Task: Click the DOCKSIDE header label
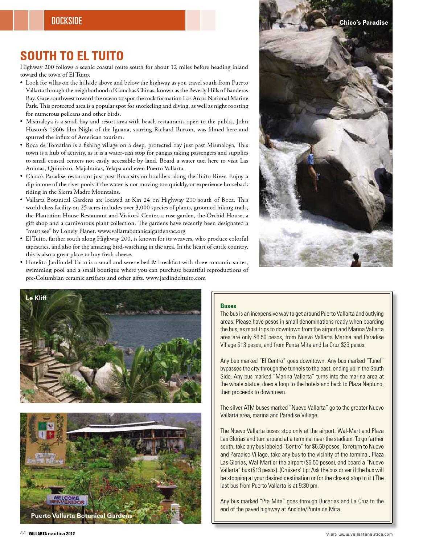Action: pos(67,21)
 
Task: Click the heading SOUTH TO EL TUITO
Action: pos(72,56)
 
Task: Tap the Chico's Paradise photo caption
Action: pos(364,23)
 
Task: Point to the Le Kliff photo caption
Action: pos(36,298)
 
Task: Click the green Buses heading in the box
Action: pos(228,306)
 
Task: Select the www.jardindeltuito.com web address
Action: pos(176,278)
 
